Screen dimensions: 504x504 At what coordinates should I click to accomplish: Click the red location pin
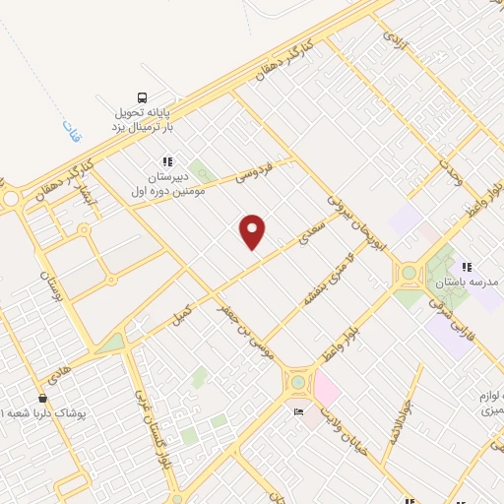point(253,232)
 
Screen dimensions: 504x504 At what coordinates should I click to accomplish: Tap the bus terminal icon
point(144,97)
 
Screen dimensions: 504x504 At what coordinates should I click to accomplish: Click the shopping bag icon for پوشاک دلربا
point(41,399)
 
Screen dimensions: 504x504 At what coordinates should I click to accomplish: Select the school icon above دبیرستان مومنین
point(167,161)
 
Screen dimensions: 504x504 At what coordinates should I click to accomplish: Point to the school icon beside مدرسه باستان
point(466,267)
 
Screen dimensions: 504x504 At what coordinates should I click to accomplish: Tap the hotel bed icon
point(296,411)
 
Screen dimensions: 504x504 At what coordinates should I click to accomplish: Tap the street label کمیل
point(183,312)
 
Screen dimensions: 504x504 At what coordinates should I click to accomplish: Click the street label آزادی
point(393,40)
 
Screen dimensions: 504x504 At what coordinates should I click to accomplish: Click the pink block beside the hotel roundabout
point(327,392)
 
